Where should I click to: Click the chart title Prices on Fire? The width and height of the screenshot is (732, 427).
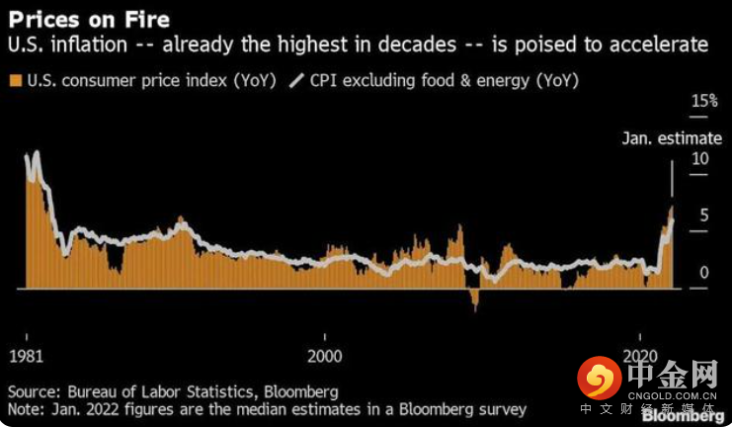click(x=75, y=19)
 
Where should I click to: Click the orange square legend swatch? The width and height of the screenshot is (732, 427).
click(x=15, y=80)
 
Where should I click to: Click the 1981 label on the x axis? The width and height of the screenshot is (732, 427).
click(x=25, y=355)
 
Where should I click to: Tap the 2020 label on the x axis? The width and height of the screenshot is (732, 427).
click(x=642, y=355)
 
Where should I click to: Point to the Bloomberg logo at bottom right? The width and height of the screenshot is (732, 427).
click(x=681, y=377)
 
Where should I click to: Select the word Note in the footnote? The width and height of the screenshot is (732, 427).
click(x=27, y=408)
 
